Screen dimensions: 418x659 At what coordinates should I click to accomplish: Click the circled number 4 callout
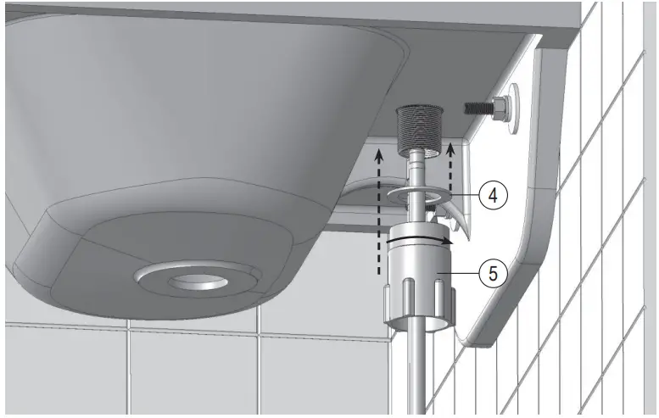tap(493, 195)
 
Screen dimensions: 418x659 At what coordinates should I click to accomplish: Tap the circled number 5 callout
tap(493, 273)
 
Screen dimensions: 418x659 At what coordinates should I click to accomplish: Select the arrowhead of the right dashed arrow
tap(450, 148)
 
